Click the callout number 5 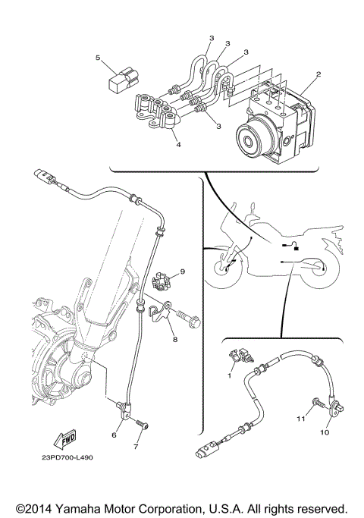pyautogui.click(x=98, y=57)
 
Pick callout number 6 pyautogui.click(x=115, y=435)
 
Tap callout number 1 pyautogui.click(x=230, y=374)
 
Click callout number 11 pyautogui.click(x=300, y=417)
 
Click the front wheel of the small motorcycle pyautogui.click(x=224, y=272)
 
